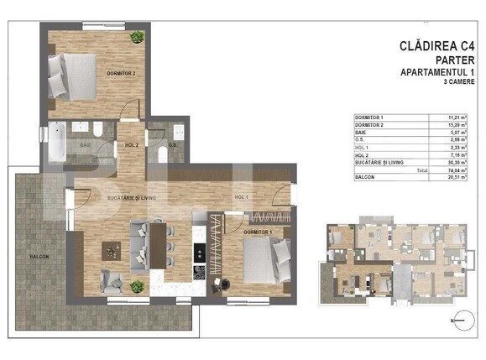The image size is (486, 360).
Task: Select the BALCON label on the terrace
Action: (x=38, y=256)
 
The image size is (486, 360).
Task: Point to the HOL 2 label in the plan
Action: (x=131, y=144)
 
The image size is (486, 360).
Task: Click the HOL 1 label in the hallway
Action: (x=242, y=196)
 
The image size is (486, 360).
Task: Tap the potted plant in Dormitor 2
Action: (x=136, y=38)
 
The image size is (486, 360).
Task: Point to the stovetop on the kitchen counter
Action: (x=201, y=271)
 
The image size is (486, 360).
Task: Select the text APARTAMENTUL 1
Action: (x=442, y=74)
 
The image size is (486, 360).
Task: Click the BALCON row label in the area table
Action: (x=365, y=177)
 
